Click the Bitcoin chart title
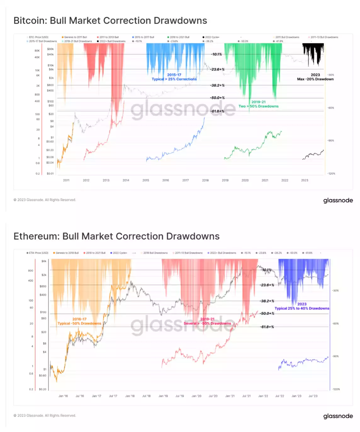tap(110, 21)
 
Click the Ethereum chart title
tap(116, 236)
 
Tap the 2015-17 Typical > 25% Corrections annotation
tap(174, 77)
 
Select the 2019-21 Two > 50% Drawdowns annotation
tap(258, 104)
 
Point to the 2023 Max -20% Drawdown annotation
tap(315, 77)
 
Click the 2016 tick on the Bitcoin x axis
tap(166, 180)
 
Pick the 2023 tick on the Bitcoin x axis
tap(305, 180)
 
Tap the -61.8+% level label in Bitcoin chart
tap(217, 111)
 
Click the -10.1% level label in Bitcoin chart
tap(217, 54)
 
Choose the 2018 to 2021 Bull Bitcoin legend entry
tap(179, 37)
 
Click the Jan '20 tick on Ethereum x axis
tap(196, 396)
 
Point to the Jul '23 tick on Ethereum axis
tap(313, 396)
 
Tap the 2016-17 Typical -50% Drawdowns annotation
tap(79, 321)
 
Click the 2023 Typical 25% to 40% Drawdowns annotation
tap(302, 306)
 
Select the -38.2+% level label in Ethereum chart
tap(267, 301)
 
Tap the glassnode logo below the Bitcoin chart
tap(338, 201)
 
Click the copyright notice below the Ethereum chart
tap(45, 416)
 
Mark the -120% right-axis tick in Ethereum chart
tap(336, 389)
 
